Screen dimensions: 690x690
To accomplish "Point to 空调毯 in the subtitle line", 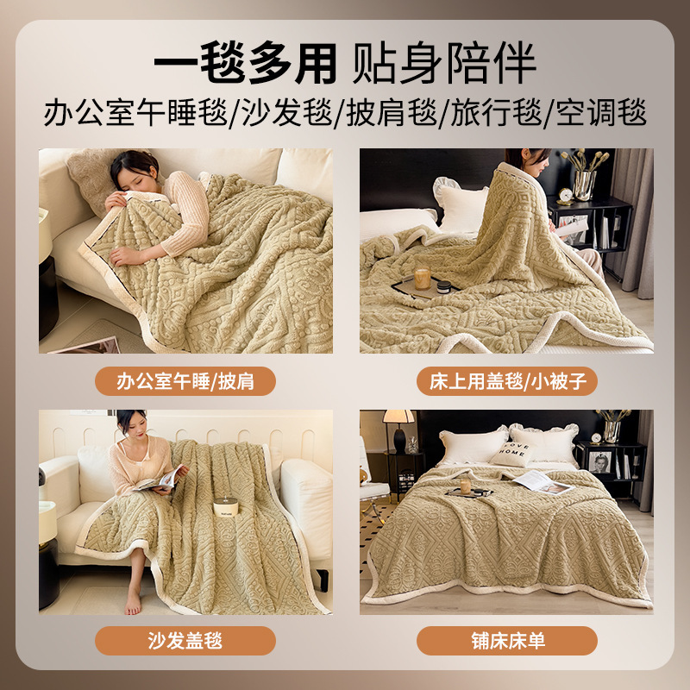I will tap(600, 113).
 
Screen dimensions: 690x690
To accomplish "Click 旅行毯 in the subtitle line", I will tap(496, 113).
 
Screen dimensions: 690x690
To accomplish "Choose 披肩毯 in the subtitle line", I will tap(391, 113).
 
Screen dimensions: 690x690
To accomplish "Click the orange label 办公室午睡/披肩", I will tap(185, 381).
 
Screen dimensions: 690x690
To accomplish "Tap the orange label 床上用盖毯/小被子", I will tap(506, 381).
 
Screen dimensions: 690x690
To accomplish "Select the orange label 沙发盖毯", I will tap(185, 640).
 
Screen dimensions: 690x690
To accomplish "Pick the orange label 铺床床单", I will tap(506, 640).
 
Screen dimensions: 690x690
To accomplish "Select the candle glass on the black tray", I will tap(423, 279).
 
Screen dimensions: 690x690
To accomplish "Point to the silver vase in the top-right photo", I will tap(585, 184).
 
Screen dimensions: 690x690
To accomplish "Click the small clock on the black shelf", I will tap(565, 196).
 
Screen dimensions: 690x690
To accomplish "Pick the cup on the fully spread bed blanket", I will tap(466, 486).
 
